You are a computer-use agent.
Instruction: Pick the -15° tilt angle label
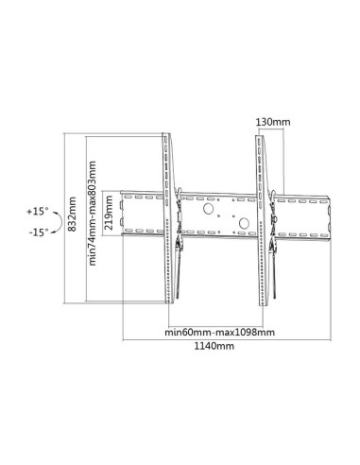click(x=38, y=232)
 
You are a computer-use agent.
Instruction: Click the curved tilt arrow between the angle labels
click(x=58, y=221)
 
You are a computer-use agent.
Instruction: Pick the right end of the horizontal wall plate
click(x=331, y=215)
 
